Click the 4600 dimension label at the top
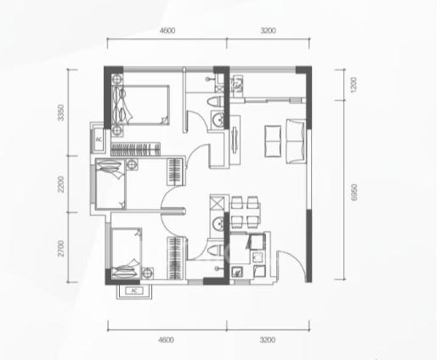pyautogui.click(x=167, y=31)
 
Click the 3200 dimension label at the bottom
pyautogui.click(x=268, y=340)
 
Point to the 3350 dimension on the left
pyautogui.click(x=61, y=113)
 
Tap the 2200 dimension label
pyautogui.click(x=61, y=184)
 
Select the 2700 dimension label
pyautogui.click(x=61, y=248)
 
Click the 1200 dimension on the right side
pyautogui.click(x=354, y=85)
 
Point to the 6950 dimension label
pyautogui.click(x=354, y=192)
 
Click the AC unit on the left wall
pyautogui.click(x=99, y=139)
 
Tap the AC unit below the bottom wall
pyautogui.click(x=134, y=290)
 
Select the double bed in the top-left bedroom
pyautogui.click(x=141, y=105)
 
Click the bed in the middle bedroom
pyautogui.click(x=110, y=184)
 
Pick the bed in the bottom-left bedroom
pyautogui.click(x=127, y=253)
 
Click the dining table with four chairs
pyautogui.click(x=246, y=212)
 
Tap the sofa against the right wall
pyautogui.click(x=296, y=141)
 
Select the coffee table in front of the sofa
pyautogui.click(x=273, y=141)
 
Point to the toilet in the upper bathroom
pyautogui.click(x=216, y=102)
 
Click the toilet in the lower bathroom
pyautogui.click(x=216, y=250)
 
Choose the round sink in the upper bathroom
pyautogui.click(x=218, y=120)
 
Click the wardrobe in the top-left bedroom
pyautogui.click(x=135, y=149)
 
